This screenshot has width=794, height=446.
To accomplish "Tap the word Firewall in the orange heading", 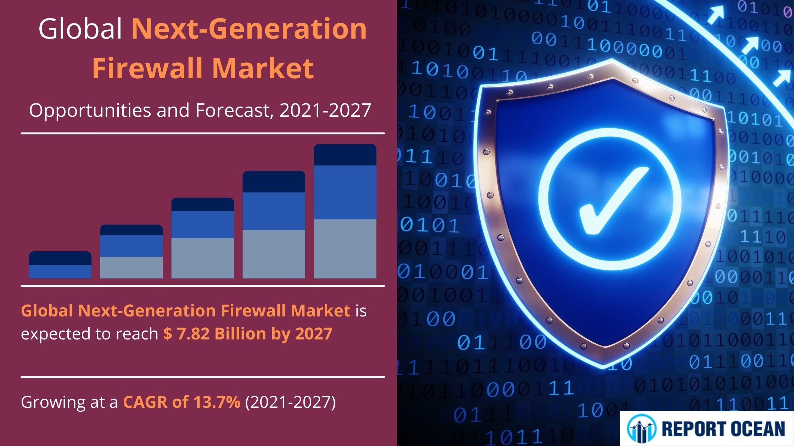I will pos(150,68).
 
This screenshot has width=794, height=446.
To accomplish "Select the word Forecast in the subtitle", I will pos(233,110).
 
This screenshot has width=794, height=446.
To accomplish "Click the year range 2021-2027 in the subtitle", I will pos(325,110).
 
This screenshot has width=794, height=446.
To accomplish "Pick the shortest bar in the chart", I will pos(60,265).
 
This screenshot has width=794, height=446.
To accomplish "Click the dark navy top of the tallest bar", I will pos(345,155).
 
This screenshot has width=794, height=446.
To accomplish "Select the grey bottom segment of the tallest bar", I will pos(345,248).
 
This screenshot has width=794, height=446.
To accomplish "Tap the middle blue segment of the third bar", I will pos(202,224).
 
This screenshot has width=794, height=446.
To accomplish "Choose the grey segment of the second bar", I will pos(131,267).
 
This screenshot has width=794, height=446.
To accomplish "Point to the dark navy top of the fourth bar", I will pos(274,182).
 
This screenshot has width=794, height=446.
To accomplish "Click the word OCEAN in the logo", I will pos(757,429).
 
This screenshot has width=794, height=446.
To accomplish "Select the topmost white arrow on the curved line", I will pos(716,15).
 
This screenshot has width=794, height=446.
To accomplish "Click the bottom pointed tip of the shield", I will pos(603,365).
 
